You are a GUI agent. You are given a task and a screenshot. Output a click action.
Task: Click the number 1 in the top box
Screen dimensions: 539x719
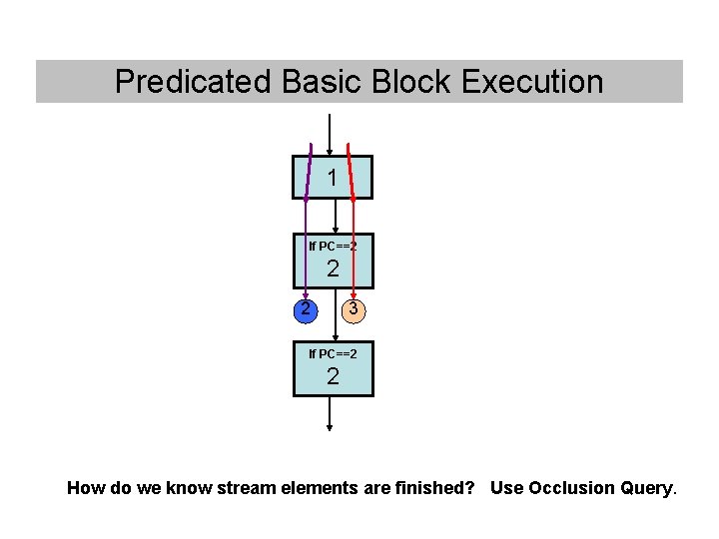tap(332, 178)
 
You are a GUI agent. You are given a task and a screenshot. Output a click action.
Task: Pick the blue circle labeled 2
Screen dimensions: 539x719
tap(306, 309)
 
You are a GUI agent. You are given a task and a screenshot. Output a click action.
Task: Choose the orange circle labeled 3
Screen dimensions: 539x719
tap(353, 309)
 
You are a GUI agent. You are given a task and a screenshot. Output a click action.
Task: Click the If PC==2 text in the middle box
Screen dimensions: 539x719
tap(333, 246)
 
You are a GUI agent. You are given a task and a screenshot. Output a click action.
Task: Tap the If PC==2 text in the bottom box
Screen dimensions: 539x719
tap(333, 353)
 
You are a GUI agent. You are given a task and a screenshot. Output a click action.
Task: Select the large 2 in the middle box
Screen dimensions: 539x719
tap(333, 269)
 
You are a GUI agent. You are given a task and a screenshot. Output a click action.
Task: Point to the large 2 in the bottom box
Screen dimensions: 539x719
tap(333, 376)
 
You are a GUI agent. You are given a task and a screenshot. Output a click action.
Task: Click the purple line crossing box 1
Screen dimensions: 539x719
tap(309, 178)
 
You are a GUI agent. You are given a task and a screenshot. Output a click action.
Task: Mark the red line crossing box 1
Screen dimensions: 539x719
tap(350, 178)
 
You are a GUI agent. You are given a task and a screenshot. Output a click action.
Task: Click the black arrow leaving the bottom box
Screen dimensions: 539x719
tap(330, 414)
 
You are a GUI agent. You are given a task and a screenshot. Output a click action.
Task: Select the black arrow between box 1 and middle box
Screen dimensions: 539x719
tap(336, 216)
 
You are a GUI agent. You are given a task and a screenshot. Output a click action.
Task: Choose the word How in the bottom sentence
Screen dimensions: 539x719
tap(84, 488)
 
